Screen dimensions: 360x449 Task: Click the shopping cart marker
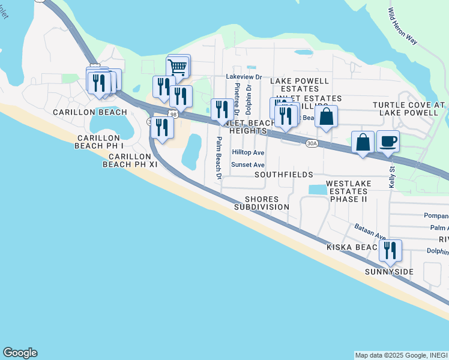[178, 67]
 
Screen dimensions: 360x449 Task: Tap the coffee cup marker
[388, 142]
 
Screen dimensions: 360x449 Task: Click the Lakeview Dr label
[244, 77]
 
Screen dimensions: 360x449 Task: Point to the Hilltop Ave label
[249, 153]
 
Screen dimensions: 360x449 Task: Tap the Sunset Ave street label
[249, 164]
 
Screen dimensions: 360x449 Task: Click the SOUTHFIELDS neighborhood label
[283, 175]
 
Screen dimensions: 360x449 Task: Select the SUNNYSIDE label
[390, 272]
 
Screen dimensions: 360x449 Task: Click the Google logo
[20, 353]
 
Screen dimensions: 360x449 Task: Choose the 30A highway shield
[312, 143]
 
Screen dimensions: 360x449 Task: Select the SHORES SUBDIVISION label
[261, 203]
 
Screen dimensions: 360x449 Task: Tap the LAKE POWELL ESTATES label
[300, 85]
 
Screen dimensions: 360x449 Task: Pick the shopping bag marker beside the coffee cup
[363, 143]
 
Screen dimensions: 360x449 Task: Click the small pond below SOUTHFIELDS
[318, 190]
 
